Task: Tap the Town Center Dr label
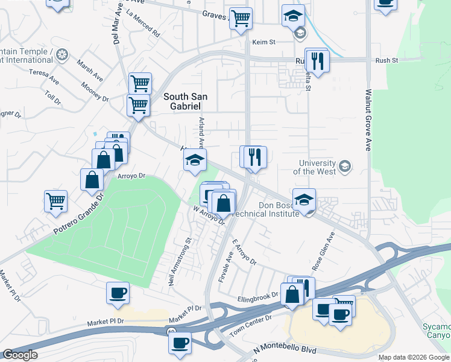(x=251, y=325)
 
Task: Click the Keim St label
(x=263, y=42)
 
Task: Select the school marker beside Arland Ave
(x=195, y=160)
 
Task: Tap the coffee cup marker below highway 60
(x=179, y=343)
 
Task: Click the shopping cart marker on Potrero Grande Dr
(x=55, y=200)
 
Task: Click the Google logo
(x=20, y=355)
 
